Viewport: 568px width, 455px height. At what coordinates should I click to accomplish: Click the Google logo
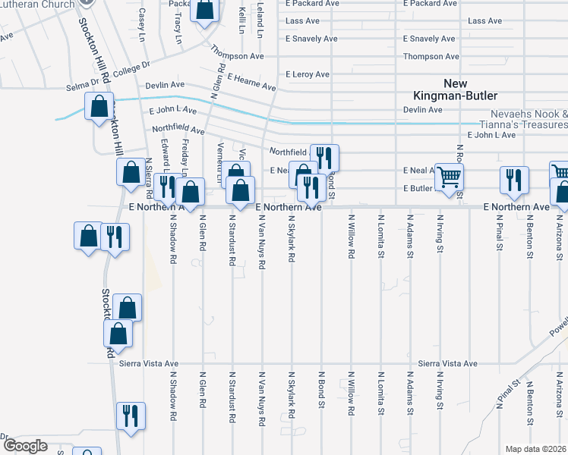pos(26,446)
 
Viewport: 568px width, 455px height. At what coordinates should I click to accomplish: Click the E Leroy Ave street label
pos(307,74)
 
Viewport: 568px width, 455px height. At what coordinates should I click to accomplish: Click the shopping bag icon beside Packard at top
pos(204,11)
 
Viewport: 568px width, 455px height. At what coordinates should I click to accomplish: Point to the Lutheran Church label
pos(38,5)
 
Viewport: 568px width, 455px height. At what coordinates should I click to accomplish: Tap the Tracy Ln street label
pos(177,27)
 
